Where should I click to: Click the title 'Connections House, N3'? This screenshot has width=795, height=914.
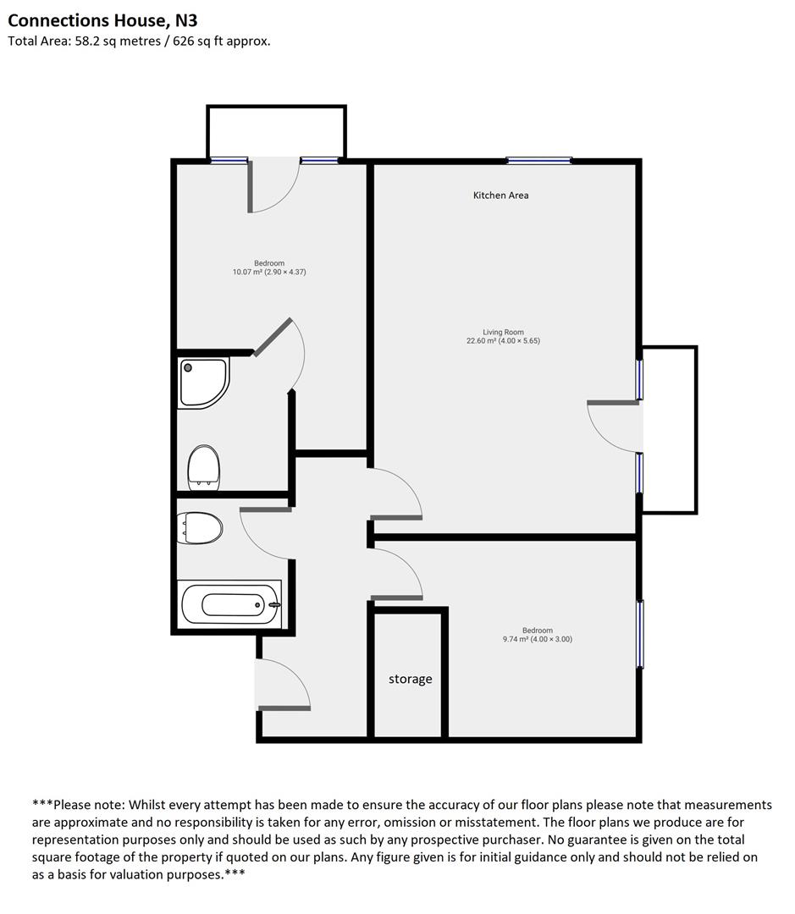[x=102, y=19]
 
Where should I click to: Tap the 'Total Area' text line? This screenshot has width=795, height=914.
[x=139, y=41]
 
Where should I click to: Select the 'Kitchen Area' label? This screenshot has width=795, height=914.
[x=500, y=195]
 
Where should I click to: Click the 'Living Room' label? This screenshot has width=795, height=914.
[x=503, y=333]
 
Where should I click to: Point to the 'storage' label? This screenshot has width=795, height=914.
[x=410, y=679]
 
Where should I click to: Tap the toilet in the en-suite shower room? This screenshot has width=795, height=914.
[x=203, y=467]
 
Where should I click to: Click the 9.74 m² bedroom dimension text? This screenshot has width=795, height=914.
[x=537, y=639]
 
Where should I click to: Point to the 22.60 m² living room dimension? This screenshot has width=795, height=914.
[x=503, y=341]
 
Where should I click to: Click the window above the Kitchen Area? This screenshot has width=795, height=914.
[x=538, y=160]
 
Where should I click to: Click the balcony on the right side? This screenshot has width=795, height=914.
[x=670, y=429]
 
